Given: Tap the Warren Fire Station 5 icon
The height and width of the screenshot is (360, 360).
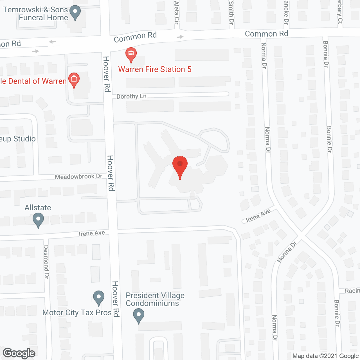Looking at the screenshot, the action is click(x=131, y=54).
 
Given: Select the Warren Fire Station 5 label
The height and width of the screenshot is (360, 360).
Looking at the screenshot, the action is click(x=155, y=69).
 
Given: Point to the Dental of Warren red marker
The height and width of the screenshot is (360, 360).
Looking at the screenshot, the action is click(x=74, y=80).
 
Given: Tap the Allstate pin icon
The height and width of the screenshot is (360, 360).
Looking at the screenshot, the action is click(x=38, y=220).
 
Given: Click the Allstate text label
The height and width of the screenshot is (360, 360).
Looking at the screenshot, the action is click(x=38, y=208).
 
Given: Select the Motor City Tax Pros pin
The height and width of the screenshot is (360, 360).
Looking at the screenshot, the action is click(x=99, y=297).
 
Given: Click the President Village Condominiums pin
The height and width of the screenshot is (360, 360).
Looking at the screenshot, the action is click(x=138, y=315).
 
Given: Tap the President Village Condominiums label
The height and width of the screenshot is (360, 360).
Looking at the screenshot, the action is click(x=155, y=299).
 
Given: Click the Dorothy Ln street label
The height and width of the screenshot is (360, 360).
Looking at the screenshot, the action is click(x=131, y=96).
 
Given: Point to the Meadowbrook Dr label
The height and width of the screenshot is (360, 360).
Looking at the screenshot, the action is click(x=78, y=177).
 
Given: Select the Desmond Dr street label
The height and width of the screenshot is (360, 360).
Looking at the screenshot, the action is click(x=46, y=262).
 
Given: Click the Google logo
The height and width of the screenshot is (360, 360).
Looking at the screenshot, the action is click(x=19, y=353).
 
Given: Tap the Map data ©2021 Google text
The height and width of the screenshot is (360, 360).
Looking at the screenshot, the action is click(x=325, y=356).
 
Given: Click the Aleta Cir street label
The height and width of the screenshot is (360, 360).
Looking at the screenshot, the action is click(x=177, y=12).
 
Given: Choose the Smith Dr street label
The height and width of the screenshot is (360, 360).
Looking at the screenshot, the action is click(x=231, y=13).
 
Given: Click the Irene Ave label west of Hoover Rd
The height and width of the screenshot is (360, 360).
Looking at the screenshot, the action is click(x=92, y=233).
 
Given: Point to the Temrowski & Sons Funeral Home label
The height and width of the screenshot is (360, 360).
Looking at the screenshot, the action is click(x=36, y=13).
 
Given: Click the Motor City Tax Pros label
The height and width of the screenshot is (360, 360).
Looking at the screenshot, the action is click(x=77, y=313).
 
